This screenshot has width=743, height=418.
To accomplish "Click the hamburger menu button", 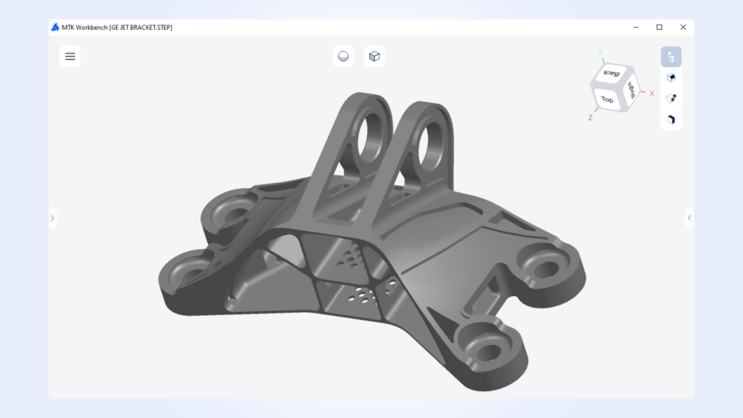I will (x=70, y=56).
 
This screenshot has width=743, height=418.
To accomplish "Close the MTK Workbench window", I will (x=683, y=28).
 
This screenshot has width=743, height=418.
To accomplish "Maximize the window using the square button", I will (x=659, y=28).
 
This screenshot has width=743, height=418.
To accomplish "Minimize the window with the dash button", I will (x=635, y=28).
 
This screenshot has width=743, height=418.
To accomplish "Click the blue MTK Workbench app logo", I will (x=55, y=28).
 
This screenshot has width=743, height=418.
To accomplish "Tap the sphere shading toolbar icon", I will (x=343, y=56).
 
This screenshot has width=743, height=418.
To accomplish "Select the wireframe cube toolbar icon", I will (x=374, y=56).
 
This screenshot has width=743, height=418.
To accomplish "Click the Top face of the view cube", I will (x=607, y=99).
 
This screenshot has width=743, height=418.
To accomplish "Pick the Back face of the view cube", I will (x=612, y=74).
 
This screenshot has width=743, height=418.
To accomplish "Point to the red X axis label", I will (x=652, y=93).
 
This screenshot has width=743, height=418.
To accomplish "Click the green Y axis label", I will (x=600, y=52).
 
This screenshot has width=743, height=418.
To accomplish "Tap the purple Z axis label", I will (x=591, y=117).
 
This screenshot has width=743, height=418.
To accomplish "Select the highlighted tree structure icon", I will (x=671, y=57).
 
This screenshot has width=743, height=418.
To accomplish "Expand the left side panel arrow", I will (x=52, y=217).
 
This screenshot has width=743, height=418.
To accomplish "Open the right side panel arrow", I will (x=689, y=217).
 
